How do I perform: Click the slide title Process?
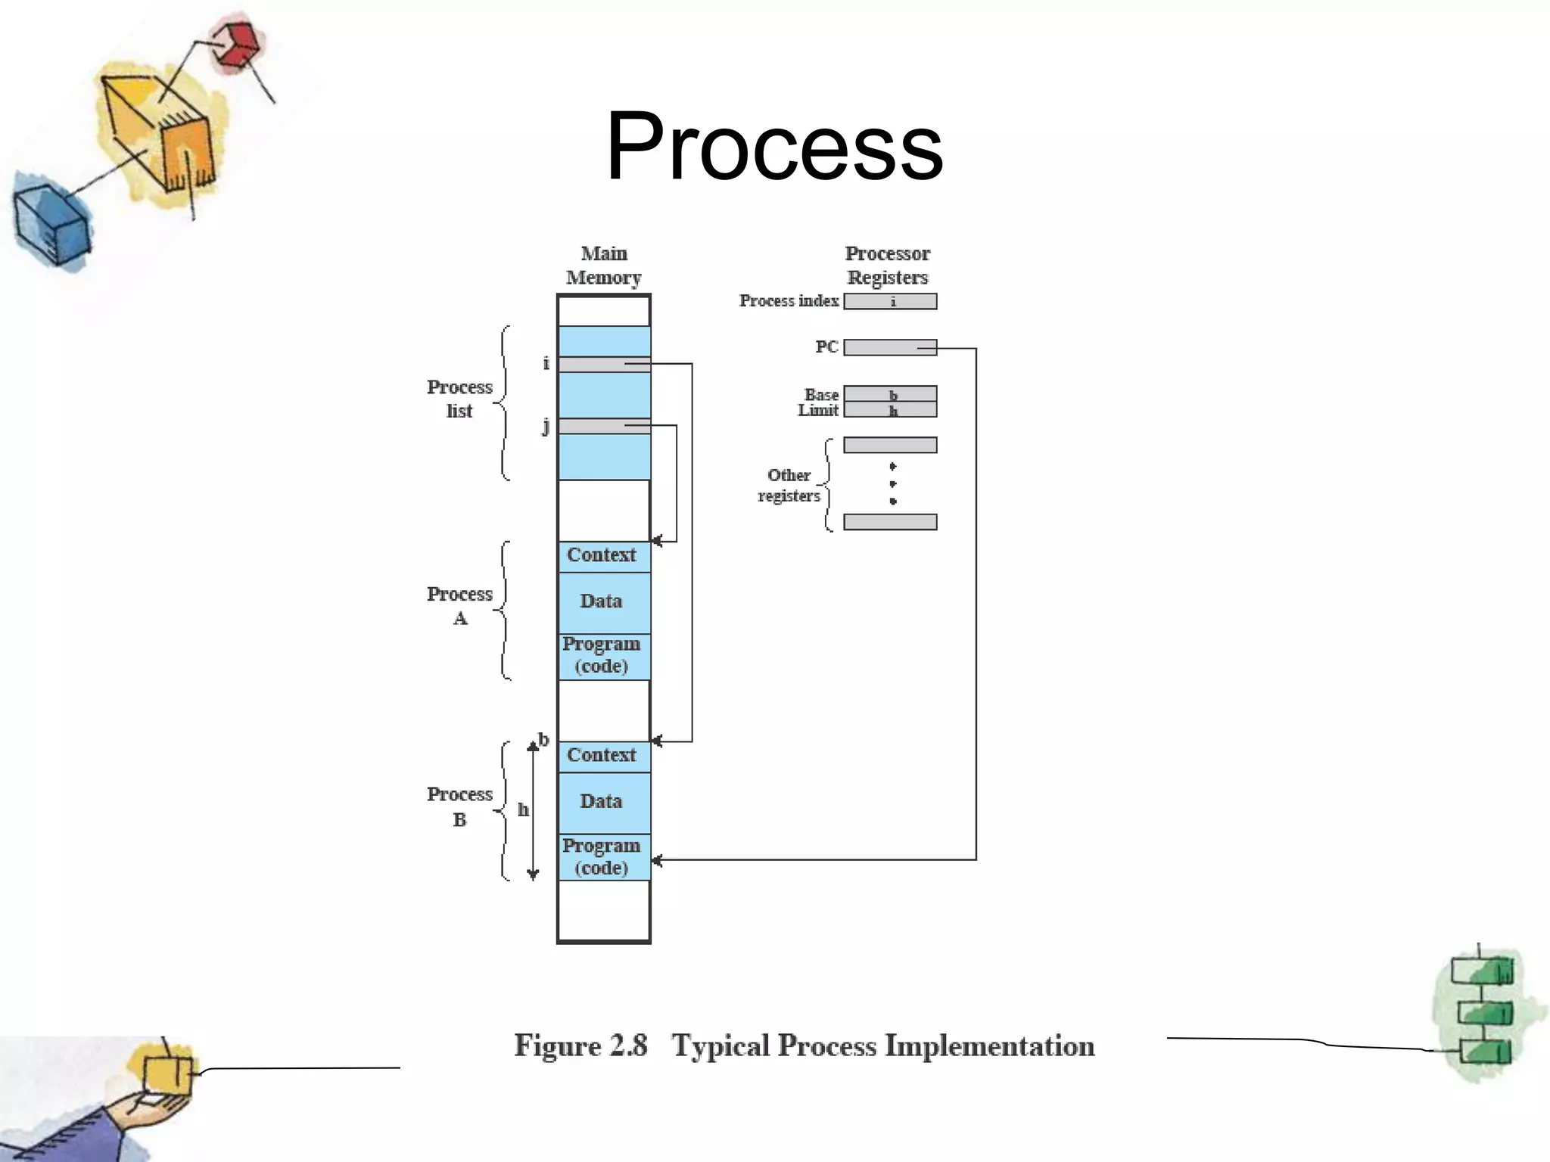774,146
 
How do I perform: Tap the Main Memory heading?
603,266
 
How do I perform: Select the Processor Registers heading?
887,266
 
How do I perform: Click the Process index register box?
890,302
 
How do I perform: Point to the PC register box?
890,347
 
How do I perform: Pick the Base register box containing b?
890,394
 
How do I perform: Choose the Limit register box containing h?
890,410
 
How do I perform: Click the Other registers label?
789,485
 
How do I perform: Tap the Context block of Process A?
603,556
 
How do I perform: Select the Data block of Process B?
603,802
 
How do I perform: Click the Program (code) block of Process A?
603,656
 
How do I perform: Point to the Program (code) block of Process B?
603,857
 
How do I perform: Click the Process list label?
459,399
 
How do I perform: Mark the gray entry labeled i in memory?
603,365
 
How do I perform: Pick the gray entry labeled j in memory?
603,427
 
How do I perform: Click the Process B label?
459,806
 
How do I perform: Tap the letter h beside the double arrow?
523,810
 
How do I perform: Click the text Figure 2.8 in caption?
580,1046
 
